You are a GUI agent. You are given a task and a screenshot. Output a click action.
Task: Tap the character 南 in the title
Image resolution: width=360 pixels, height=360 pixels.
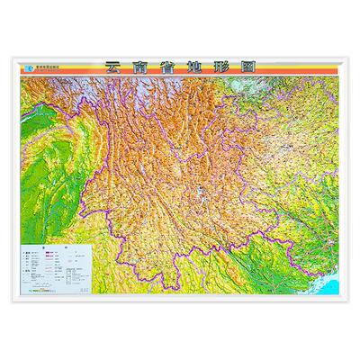[x=139, y=67]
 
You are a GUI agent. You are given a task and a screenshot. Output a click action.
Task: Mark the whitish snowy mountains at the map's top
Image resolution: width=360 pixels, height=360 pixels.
[x=135, y=85]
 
